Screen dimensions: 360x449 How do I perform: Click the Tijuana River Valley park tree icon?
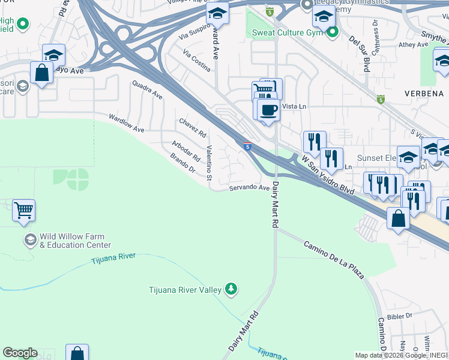(x=231, y=290)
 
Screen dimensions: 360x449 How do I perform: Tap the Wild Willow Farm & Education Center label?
(x=75, y=241)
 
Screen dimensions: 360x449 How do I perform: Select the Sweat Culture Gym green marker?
(x=331, y=31)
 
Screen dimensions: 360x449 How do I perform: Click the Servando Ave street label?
(x=249, y=188)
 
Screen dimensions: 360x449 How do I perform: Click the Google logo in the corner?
(x=20, y=353)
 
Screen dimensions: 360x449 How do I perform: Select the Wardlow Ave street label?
(x=126, y=124)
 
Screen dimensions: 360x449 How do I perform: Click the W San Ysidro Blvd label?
(x=327, y=175)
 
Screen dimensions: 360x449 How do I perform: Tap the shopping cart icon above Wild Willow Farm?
(x=23, y=211)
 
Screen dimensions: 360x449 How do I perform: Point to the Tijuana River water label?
(x=113, y=258)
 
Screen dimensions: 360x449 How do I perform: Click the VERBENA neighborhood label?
(x=423, y=94)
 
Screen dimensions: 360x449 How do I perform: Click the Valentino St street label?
(x=209, y=163)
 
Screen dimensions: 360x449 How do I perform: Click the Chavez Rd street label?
(x=193, y=127)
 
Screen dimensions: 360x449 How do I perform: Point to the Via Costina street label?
(x=197, y=61)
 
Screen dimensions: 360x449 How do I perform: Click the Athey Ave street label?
(x=414, y=44)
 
